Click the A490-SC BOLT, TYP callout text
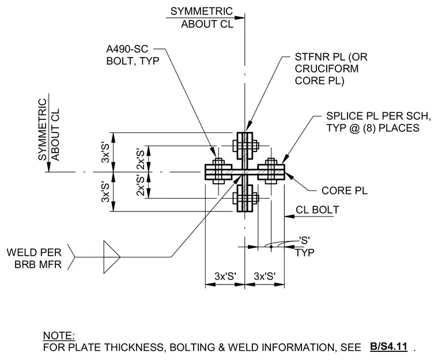133,55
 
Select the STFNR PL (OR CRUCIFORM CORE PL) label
331,69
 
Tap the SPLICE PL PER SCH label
378,116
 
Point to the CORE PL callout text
344,191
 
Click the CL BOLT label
318,210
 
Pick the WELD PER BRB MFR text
34,258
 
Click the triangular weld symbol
112,257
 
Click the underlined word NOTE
59,335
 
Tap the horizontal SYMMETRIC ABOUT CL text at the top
202,17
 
